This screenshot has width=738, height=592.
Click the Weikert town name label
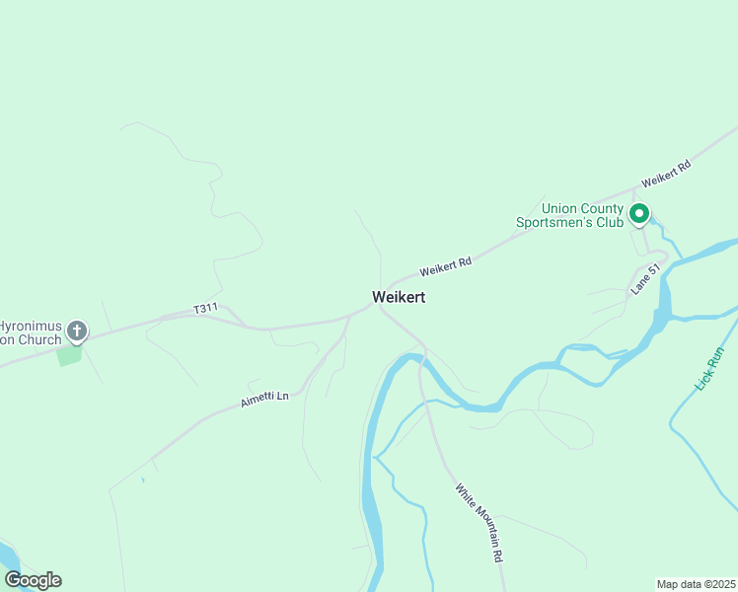tap(399, 297)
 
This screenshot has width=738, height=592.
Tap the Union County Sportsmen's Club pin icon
tap(639, 212)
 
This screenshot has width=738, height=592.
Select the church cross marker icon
tap(76, 331)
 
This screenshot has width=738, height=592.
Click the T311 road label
tap(205, 309)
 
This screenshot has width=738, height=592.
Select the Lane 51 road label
tap(645, 279)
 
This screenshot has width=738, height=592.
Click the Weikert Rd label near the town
tap(445, 266)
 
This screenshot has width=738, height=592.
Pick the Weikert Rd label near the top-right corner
tap(666, 175)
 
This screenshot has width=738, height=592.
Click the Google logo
tap(33, 580)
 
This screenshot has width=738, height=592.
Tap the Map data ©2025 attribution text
tap(696, 583)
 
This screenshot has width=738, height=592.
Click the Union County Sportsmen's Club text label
tap(570, 215)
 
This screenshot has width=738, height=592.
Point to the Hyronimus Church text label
tap(30, 333)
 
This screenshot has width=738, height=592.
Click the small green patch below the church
tap(69, 354)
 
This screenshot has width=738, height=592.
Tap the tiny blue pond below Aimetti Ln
tap(143, 481)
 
